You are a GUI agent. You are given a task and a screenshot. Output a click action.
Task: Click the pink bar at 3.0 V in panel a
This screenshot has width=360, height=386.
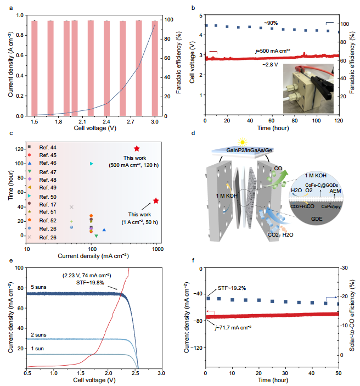[155, 68]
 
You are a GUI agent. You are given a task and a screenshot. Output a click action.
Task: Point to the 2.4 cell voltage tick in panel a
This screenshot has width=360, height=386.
[106, 121]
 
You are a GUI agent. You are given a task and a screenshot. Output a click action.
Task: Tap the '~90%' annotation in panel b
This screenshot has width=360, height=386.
[271, 23]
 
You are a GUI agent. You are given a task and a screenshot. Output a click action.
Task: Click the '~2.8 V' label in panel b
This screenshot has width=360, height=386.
[270, 64]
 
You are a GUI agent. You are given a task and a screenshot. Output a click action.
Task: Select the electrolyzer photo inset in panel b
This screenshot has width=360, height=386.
[308, 88]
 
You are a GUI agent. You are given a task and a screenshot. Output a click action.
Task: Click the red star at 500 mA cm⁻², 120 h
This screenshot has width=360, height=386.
[137, 148]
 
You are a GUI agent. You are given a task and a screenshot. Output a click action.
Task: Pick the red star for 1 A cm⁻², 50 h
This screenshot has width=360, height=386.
[156, 200]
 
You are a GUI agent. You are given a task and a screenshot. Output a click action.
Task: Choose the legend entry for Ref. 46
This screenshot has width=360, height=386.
[42, 163]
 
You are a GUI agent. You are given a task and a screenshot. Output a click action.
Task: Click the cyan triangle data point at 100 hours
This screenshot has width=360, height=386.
[92, 164]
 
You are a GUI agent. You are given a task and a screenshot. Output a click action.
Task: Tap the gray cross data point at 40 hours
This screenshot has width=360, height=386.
[71, 207]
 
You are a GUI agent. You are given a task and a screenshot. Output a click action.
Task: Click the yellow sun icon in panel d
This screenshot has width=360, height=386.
[243, 142]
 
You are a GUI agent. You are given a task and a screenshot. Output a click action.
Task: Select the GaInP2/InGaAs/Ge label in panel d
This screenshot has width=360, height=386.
[249, 150]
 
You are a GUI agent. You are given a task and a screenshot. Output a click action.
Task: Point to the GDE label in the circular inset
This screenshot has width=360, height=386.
[317, 219]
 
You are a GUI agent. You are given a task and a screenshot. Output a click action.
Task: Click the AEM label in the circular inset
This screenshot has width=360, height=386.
[335, 191]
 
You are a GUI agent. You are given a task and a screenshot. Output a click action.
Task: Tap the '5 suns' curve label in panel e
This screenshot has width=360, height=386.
[38, 287]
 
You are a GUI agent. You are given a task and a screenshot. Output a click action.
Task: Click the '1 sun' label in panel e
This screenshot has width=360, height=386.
[37, 349]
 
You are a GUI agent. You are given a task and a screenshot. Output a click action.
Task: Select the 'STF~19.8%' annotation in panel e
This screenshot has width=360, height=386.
[90, 283]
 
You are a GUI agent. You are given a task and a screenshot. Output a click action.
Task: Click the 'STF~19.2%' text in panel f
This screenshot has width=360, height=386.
[232, 288]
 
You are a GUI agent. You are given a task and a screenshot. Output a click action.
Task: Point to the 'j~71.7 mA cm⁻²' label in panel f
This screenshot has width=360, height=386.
[233, 328]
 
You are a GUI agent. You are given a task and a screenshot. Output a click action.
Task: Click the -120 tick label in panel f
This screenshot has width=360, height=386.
[196, 348]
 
